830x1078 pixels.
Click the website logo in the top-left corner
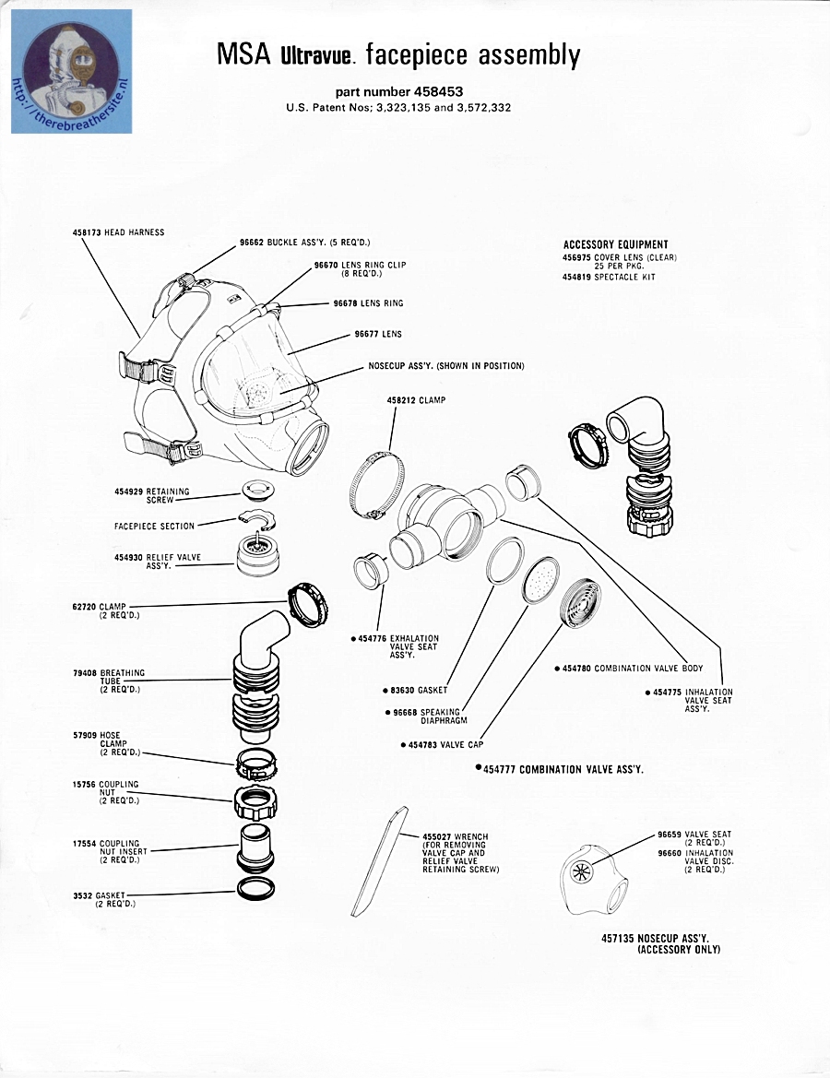point(71,71)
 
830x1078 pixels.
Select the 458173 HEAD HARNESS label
point(118,232)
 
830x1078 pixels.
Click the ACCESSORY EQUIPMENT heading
point(615,244)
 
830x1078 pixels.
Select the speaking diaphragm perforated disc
point(540,581)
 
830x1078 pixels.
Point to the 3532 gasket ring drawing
point(255,889)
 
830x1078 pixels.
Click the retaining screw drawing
point(259,490)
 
